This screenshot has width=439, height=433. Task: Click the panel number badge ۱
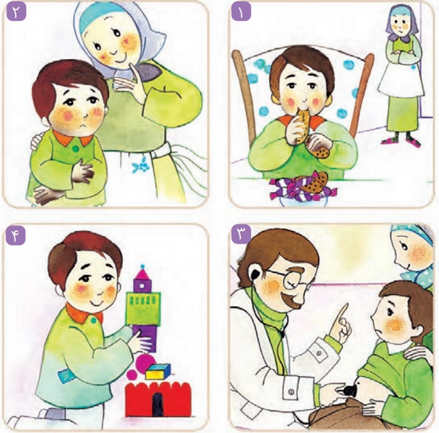coord(241,13)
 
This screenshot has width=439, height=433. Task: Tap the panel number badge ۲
coord(16,13)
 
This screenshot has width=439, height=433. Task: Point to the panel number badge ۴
coord(16,235)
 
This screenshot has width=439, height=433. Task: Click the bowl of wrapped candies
coord(303,190)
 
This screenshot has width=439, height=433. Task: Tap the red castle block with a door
coord(158,400)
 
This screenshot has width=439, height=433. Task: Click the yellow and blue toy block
coord(158,372)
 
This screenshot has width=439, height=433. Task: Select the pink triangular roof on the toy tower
coord(143,274)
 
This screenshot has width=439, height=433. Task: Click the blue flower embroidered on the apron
coord(140,165)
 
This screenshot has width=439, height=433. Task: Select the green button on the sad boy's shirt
coord(76,149)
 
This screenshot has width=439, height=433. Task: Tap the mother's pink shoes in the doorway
coord(401,141)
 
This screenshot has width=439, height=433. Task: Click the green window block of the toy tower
coord(143,307)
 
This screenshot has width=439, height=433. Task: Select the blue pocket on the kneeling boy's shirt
coord(66,375)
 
